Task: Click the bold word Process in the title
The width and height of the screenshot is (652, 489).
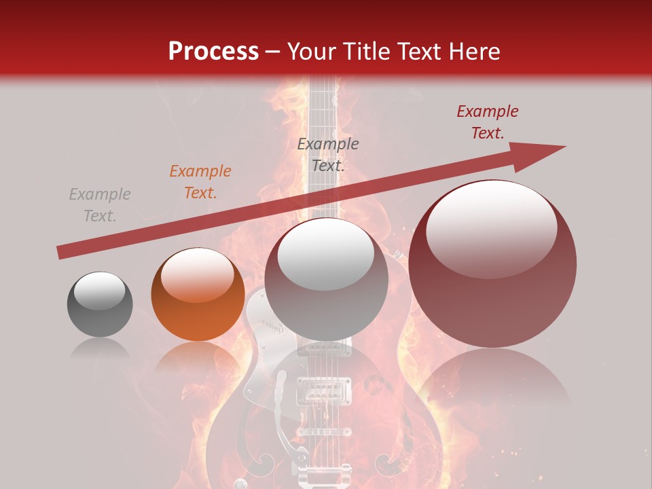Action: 213,52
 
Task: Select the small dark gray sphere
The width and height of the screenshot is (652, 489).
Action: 100,304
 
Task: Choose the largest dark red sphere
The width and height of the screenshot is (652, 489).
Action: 492,264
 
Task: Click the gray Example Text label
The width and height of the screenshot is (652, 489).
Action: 100,205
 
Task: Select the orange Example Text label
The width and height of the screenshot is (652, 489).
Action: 200,182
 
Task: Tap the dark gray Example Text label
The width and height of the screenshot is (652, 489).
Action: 328,155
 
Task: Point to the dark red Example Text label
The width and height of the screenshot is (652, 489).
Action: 488,122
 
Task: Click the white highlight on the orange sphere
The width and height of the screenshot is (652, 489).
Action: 197,274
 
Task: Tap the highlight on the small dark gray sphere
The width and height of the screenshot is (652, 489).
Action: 100,291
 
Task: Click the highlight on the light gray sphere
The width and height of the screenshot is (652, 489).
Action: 326,253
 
